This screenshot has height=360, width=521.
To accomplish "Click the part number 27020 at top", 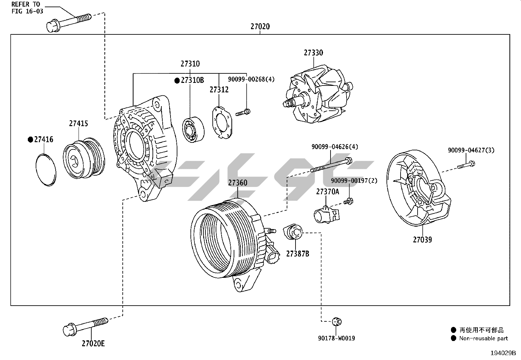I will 260,27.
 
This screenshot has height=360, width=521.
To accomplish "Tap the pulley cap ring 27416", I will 45,170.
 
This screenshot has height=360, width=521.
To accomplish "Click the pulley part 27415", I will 84,159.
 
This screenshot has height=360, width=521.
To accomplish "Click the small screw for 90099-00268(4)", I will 243,113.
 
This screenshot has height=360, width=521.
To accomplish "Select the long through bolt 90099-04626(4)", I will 331,165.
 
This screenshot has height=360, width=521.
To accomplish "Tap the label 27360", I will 238,183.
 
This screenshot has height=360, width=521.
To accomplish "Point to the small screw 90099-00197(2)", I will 348,201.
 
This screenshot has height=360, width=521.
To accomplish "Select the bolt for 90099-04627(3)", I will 466,165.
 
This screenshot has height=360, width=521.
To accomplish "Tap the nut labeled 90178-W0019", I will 336,321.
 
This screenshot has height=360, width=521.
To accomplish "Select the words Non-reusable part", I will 483,338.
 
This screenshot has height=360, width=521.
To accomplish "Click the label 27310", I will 190,64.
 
